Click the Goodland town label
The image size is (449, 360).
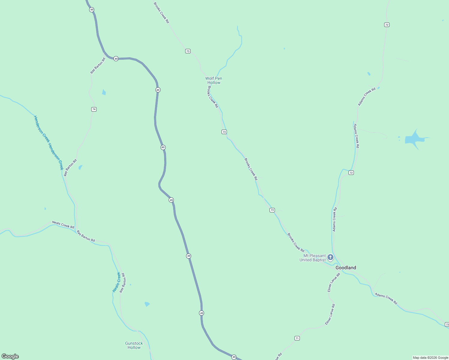point(346,268)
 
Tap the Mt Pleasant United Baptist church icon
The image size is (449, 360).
point(330,257)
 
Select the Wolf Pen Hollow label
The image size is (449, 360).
point(214,80)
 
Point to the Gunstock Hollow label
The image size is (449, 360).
point(134,345)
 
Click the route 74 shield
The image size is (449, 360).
point(94,109)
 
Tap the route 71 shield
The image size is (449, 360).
point(297,338)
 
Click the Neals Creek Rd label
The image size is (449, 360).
point(63,225)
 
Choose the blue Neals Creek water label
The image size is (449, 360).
point(117,282)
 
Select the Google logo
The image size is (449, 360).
point(10,356)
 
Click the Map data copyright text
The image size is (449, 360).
point(430,358)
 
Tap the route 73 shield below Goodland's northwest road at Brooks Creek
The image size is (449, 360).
point(272,210)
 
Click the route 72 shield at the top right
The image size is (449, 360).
point(387,25)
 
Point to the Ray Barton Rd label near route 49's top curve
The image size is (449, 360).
point(98,66)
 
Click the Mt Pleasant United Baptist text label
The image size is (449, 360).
point(313,258)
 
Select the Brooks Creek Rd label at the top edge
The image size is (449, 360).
point(161,13)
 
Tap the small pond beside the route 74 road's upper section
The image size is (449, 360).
point(104,92)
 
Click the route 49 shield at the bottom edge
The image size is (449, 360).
point(234,357)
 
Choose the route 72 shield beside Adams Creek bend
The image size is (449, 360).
point(351,172)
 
